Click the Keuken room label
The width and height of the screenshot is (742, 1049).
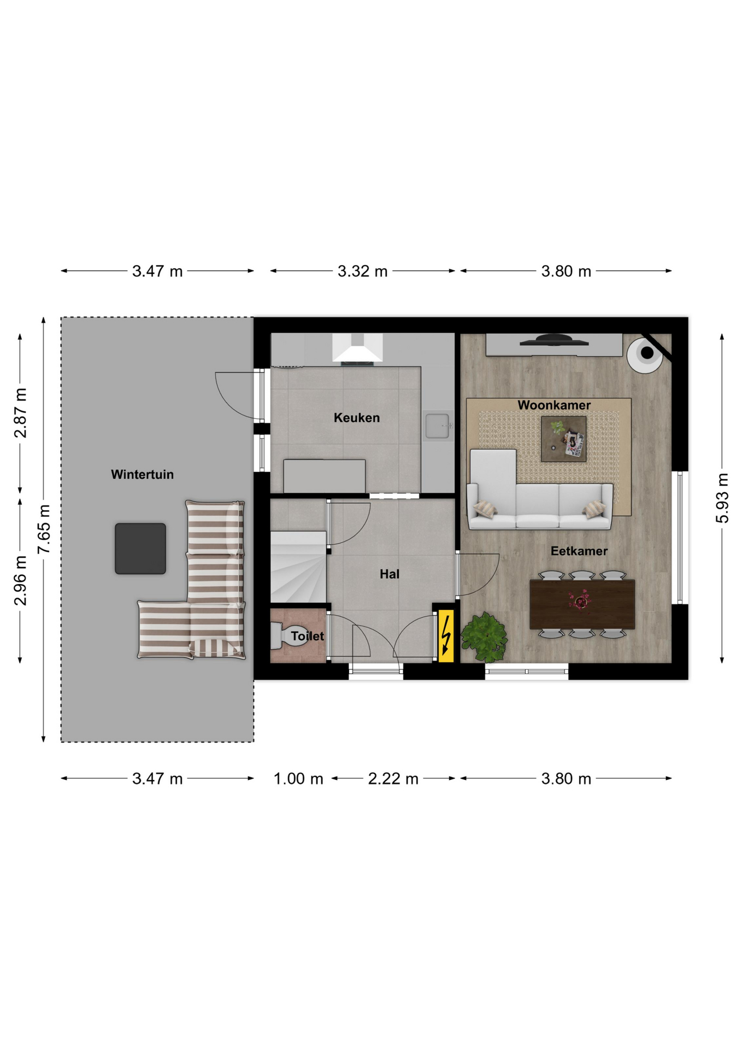[x=356, y=418]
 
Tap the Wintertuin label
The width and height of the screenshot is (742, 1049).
[x=142, y=475]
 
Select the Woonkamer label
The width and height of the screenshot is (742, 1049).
[x=554, y=405]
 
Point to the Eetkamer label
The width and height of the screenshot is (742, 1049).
[x=579, y=551]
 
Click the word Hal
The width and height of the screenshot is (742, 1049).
[x=390, y=574]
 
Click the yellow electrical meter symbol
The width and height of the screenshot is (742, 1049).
[x=446, y=635]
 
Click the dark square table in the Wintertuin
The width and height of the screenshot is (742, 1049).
[x=140, y=549]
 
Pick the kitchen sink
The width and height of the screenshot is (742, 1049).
[x=438, y=426]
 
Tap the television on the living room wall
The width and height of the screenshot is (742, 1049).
[x=554, y=340]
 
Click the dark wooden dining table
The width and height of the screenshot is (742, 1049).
[x=582, y=604]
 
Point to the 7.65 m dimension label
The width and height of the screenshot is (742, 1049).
[x=44, y=529]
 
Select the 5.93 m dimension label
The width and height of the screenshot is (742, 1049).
[x=722, y=498]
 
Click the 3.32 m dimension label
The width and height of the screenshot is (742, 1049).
[x=362, y=272]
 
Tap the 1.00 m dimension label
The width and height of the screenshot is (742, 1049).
[x=298, y=779]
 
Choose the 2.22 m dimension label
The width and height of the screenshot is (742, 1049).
[x=393, y=779]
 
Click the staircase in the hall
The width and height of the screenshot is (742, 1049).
[x=298, y=567]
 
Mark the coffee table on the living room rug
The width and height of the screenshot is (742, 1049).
[x=564, y=439]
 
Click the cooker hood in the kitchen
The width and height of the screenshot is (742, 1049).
[x=357, y=348]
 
